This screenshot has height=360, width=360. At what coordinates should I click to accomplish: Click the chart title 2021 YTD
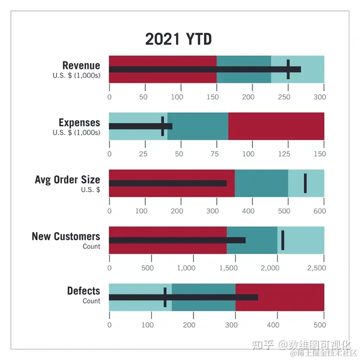(178, 39)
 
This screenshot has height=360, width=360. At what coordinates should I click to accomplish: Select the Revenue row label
(81, 65)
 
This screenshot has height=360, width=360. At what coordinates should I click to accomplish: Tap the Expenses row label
(79, 122)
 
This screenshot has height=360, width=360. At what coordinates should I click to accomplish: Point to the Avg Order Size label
(67, 179)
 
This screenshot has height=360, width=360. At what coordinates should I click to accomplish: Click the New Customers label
(66, 236)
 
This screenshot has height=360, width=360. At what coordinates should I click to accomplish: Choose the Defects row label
(83, 291)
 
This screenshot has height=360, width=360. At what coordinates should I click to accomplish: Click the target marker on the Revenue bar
(288, 69)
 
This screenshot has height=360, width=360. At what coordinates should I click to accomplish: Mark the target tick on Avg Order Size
(305, 183)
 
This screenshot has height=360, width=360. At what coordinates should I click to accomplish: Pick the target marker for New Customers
(283, 240)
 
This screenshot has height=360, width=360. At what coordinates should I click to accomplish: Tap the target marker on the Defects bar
(165, 297)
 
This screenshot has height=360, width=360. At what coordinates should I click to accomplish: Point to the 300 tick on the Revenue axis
(320, 97)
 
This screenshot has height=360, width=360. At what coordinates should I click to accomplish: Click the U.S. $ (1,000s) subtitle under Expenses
(76, 132)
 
